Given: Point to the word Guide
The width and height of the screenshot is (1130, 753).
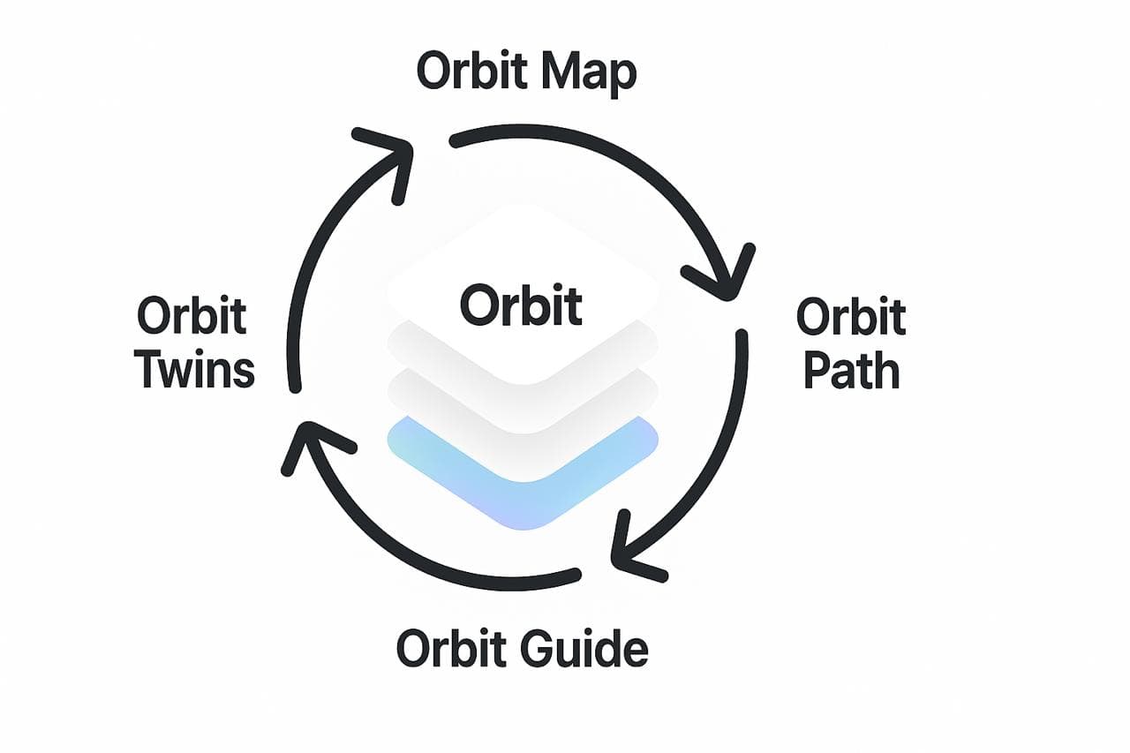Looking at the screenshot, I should point(583,648).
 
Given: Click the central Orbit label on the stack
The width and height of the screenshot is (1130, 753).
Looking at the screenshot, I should point(521,305).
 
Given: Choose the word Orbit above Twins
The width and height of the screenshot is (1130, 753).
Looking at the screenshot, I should point(192,315).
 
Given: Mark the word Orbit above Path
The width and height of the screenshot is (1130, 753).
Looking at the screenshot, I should point(851,317).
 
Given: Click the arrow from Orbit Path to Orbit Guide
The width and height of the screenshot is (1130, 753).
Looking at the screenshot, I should point(706,468).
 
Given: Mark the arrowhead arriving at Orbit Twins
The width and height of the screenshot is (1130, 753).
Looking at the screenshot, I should point(305,437).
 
